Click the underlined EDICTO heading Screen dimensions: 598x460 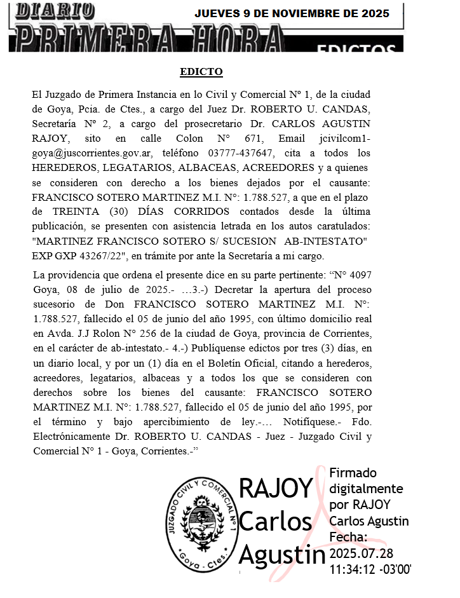(x=201, y=72)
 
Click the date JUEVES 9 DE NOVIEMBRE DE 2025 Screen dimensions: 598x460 (x=292, y=14)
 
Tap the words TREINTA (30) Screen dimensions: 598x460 (x=84, y=212)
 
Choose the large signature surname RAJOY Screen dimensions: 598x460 (x=276, y=488)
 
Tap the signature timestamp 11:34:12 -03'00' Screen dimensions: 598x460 (x=370, y=569)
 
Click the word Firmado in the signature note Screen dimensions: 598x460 (x=353, y=473)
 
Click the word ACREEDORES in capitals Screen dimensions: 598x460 (x=277, y=168)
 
